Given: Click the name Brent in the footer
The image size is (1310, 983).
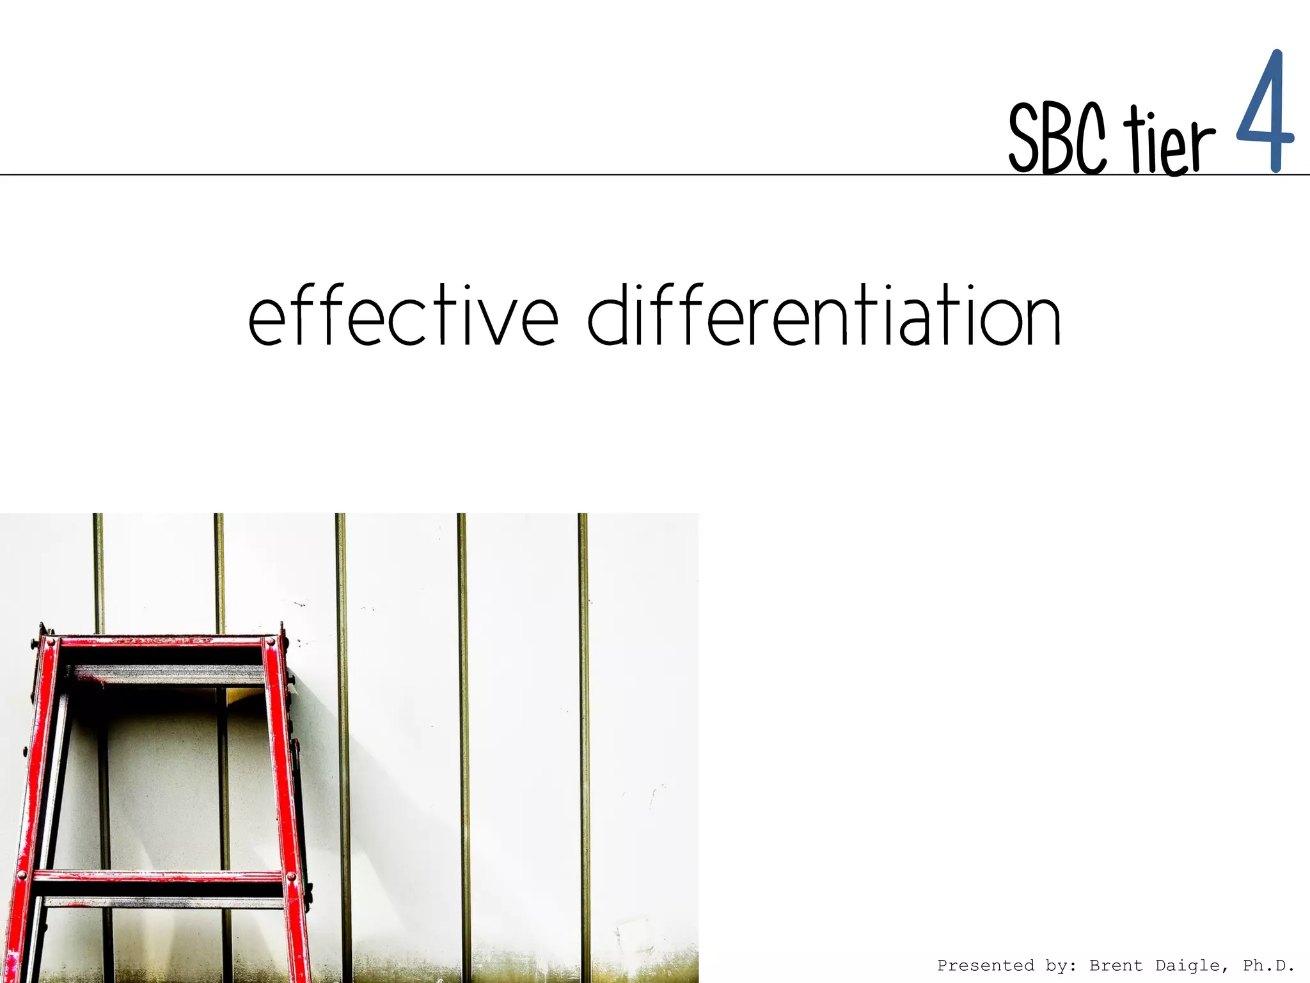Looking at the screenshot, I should (x=1116, y=966).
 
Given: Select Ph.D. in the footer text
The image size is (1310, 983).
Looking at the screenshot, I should (x=1268, y=966).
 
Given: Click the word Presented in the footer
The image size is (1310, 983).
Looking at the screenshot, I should (x=985, y=966).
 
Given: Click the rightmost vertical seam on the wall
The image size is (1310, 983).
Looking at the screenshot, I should (x=583, y=736).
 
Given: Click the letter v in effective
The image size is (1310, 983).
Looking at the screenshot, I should (x=493, y=323).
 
